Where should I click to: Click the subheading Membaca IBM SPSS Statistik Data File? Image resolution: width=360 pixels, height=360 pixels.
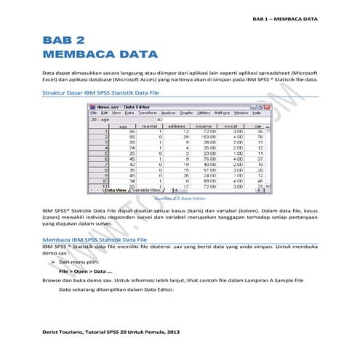95,238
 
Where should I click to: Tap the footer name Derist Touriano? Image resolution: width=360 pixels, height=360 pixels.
64,331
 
